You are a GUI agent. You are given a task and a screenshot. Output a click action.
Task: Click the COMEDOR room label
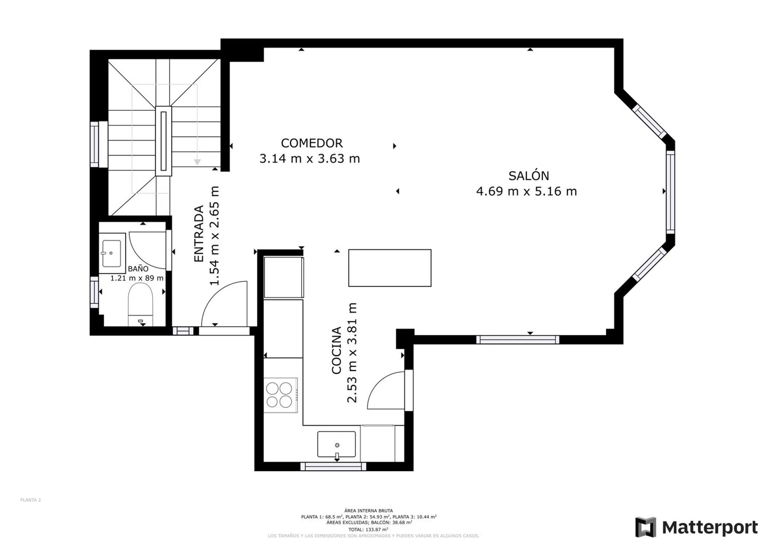[x=312, y=143]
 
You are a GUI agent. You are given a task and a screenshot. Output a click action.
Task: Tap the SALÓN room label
[x=529, y=175]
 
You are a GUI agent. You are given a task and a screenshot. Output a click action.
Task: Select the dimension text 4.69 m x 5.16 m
[x=526, y=191]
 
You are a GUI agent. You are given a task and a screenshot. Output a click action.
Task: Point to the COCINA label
[x=337, y=350]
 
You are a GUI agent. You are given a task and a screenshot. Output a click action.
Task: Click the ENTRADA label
[x=199, y=234]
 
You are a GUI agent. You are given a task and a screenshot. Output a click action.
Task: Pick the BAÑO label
[x=138, y=269]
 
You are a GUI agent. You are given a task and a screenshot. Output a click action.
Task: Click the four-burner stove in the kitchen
[x=281, y=395]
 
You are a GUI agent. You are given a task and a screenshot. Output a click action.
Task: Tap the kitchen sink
[x=336, y=444]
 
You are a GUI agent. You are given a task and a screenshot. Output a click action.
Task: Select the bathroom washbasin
[x=112, y=253]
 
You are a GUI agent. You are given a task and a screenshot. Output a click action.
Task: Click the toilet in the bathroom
[x=140, y=304]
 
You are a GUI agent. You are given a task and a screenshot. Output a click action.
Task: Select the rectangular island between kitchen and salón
[x=390, y=268]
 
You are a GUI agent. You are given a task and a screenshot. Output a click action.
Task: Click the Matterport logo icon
[x=646, y=527]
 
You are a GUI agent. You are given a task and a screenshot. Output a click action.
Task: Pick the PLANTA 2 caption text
[x=31, y=500]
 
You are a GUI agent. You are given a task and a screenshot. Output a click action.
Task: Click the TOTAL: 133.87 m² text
[x=368, y=529]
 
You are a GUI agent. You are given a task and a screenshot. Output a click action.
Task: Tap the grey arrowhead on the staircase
[x=197, y=162]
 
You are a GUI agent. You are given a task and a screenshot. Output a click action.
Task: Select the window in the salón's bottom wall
[x=518, y=340]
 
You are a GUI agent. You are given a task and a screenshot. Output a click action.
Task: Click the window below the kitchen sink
[x=333, y=467]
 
